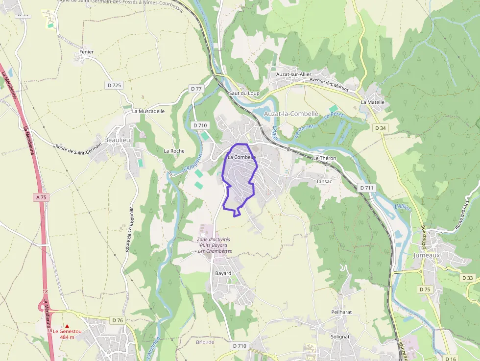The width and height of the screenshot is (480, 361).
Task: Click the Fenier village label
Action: pyautogui.click(x=86, y=52)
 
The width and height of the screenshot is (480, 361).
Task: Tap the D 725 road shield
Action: pyautogui.click(x=114, y=85)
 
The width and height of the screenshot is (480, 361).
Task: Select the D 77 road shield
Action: pyautogui.click(x=196, y=89)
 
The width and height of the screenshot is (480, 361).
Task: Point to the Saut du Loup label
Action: pyautogui.click(x=244, y=93)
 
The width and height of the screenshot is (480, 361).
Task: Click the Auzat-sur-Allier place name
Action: pyautogui.click(x=293, y=74)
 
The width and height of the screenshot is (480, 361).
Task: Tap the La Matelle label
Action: pyautogui.click(x=373, y=102)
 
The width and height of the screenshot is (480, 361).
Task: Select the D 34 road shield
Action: pyautogui.click(x=380, y=128)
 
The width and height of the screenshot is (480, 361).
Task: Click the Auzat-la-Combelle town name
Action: pyautogui.click(x=291, y=114)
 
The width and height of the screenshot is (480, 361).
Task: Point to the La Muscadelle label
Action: pyautogui.click(x=148, y=111)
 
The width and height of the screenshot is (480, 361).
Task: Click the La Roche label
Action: pyautogui.click(x=174, y=151)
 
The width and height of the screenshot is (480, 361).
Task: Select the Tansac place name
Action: pyautogui.click(x=324, y=181)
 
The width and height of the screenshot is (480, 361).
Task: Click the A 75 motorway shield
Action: pyautogui.click(x=42, y=197)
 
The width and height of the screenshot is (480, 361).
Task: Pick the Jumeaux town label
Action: pyautogui.click(x=427, y=255)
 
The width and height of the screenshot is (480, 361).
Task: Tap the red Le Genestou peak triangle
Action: pyautogui.click(x=67, y=326)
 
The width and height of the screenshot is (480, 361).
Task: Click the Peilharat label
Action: pyautogui.click(x=341, y=312)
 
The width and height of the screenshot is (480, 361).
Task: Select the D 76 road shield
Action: pyautogui.click(x=117, y=320)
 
